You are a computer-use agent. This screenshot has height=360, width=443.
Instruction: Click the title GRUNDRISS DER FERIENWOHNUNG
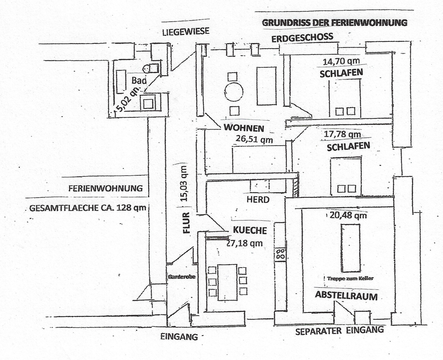click(334, 22)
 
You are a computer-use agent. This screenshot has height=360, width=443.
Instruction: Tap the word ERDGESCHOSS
click(302, 37)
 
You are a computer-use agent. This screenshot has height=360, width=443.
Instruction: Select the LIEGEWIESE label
click(185, 31)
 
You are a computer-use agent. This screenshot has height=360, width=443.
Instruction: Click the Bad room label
click(139, 80)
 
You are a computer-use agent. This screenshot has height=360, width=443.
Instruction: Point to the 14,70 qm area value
click(342, 61)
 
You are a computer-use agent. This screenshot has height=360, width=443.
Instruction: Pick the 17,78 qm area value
click(342, 135)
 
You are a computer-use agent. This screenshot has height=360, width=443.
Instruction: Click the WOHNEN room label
click(244, 128)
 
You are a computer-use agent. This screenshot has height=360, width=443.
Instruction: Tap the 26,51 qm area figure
click(254, 139)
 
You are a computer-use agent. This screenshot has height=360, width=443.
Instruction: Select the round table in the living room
click(233, 92)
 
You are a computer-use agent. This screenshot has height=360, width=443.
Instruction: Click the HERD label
click(258, 199)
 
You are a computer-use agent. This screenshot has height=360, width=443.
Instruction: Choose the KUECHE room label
click(250, 230)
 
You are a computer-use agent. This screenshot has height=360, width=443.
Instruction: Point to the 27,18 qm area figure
click(244, 243)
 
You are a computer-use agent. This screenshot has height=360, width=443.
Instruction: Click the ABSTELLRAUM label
click(346, 296)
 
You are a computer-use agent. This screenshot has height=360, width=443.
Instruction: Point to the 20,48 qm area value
click(348, 215)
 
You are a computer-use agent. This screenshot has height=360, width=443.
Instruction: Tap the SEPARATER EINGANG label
click(339, 330)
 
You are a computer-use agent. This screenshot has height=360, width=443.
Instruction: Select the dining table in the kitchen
click(227, 282)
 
